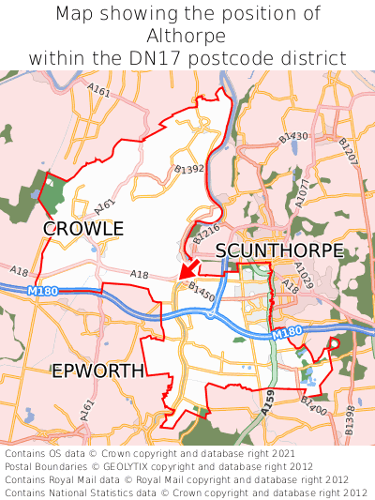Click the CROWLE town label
click(x=83, y=228)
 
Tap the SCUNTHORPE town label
click(x=279, y=250)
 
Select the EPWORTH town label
click(x=97, y=371)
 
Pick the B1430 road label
click(x=292, y=138)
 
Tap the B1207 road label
click(x=347, y=152)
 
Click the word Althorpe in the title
click(x=187, y=36)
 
